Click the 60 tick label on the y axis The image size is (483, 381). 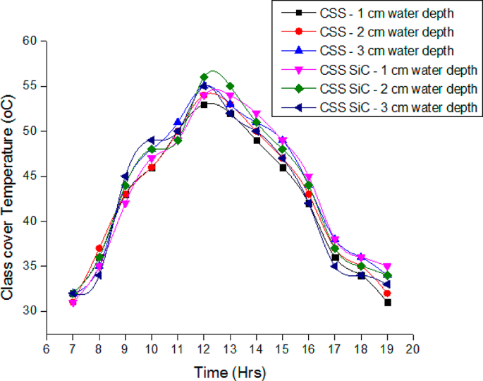30,42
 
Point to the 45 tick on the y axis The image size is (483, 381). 30,176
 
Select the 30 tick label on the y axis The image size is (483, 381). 30,311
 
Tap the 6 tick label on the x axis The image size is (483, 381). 47,348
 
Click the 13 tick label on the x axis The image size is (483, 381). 230,348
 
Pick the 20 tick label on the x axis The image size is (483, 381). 413,348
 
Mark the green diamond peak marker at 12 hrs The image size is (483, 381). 204,77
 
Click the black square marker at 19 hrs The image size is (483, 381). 387,302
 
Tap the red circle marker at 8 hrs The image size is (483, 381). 99,248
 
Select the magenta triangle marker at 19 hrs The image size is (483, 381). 387,267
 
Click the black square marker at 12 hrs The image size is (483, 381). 204,104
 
